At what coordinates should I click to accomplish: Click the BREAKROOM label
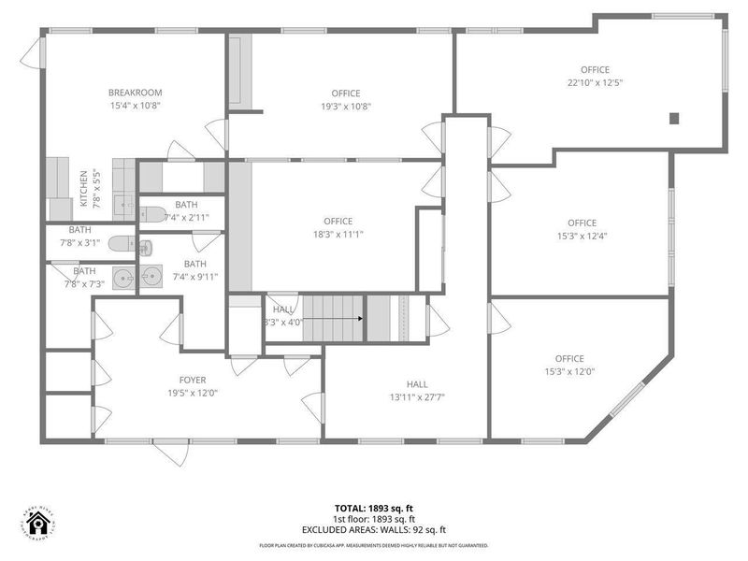tap(135, 93)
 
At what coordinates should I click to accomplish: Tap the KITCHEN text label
tap(84, 188)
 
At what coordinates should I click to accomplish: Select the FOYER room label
tap(193, 380)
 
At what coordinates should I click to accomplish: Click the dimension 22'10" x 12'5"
tap(595, 82)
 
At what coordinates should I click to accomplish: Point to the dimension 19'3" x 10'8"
tap(345, 106)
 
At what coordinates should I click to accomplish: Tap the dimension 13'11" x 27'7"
tap(417, 396)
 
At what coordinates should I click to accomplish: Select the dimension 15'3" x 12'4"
tap(582, 236)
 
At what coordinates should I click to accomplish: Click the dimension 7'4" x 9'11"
tap(194, 276)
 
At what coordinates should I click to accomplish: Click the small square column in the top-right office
tap(674, 118)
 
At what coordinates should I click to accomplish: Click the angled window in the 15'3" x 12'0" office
tap(627, 398)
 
